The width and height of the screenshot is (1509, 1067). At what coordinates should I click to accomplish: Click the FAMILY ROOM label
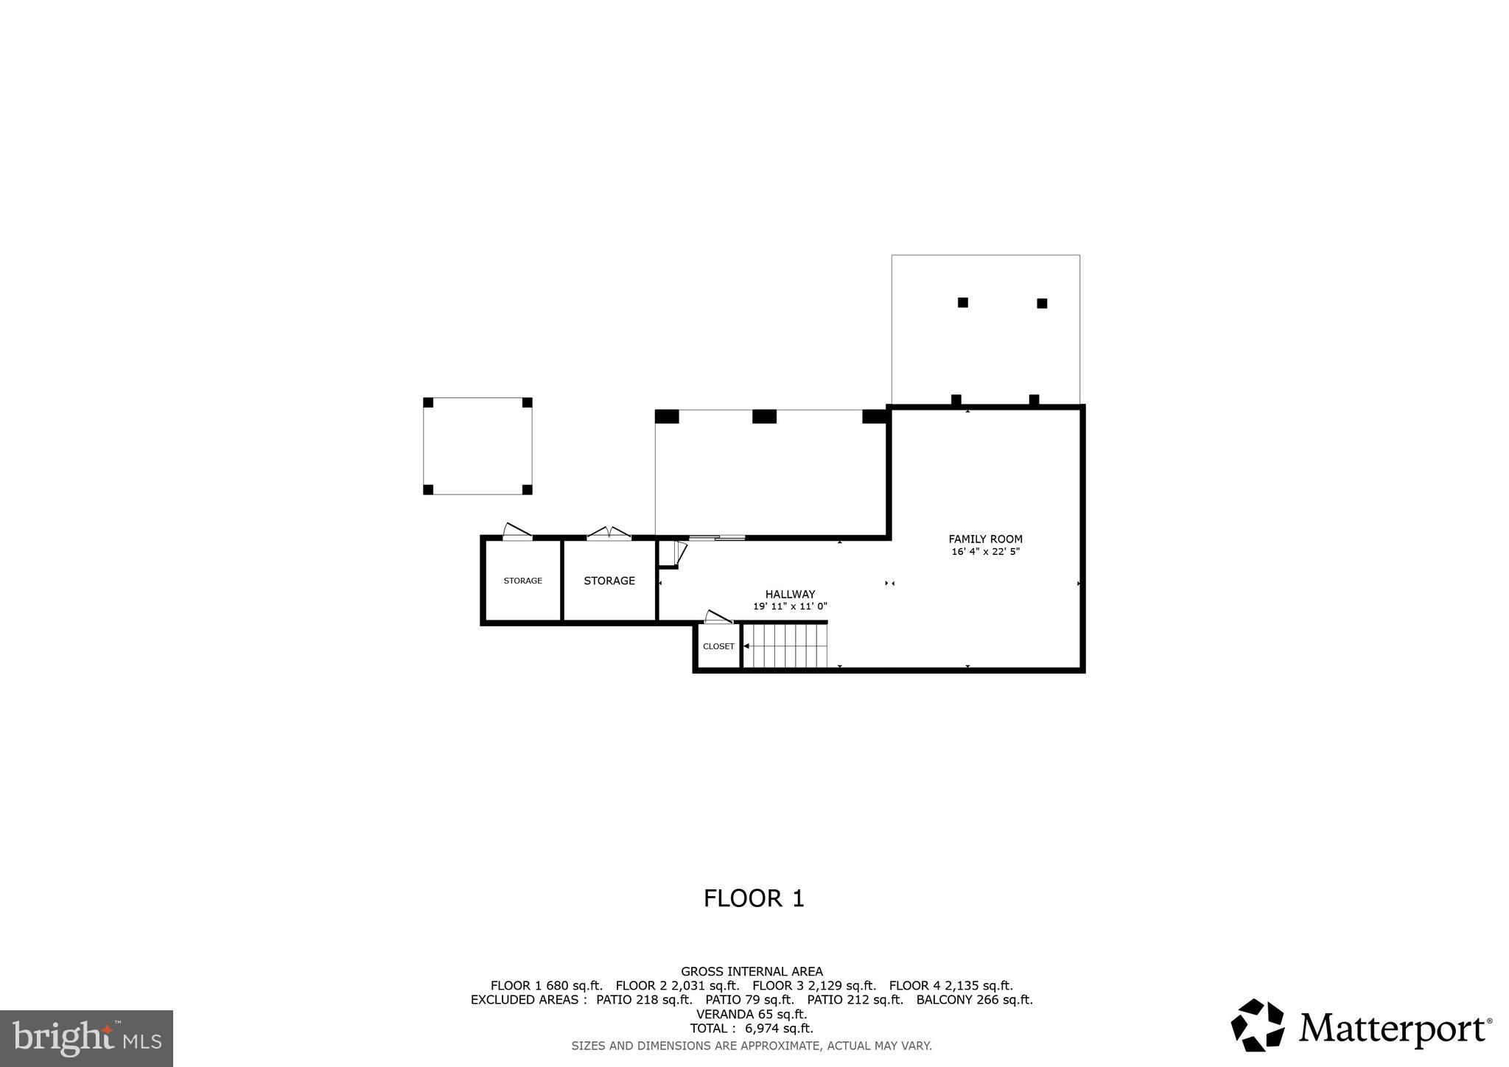[985, 539]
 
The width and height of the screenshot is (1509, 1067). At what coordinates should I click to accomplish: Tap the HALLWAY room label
[790, 595]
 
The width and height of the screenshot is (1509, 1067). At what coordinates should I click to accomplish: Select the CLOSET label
[718, 646]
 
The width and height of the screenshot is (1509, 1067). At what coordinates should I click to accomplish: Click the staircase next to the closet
[785, 646]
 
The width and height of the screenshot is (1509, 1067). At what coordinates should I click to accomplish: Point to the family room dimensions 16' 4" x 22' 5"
[985, 552]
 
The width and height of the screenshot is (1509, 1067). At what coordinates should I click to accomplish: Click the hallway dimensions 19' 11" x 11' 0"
[790, 607]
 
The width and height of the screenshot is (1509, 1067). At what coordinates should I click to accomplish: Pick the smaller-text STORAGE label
[522, 581]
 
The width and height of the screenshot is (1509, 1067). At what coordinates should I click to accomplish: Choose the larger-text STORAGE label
[609, 581]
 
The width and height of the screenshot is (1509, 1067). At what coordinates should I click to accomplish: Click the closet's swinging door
[718, 617]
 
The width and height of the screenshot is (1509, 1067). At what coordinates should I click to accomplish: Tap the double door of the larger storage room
[609, 533]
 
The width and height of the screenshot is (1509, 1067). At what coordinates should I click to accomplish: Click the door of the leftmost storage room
[517, 531]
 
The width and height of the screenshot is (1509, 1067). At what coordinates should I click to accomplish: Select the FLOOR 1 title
[753, 898]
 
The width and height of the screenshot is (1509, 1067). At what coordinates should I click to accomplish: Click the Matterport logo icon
[1257, 1025]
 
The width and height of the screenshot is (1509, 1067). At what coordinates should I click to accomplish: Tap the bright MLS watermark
[86, 1038]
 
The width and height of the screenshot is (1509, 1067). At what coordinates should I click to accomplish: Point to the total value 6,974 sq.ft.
[778, 1029]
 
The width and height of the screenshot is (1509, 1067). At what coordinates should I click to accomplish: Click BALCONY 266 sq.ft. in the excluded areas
[974, 1000]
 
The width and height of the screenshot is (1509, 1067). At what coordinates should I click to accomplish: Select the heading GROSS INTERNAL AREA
[752, 972]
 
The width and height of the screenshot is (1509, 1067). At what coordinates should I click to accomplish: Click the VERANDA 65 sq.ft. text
[752, 1015]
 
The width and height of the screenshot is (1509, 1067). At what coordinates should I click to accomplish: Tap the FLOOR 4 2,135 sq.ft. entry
[950, 986]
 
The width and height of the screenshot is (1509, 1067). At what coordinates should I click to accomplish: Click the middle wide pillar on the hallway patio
[764, 417]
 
